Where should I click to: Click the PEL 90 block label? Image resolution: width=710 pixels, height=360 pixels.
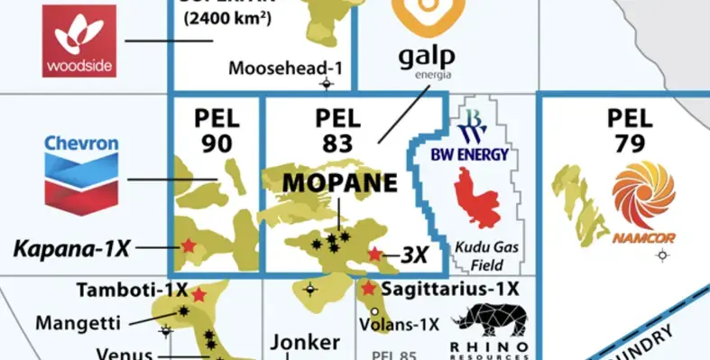pyautogui.click(x=217, y=130)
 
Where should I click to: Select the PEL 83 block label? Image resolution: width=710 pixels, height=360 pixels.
pyautogui.click(x=338, y=130)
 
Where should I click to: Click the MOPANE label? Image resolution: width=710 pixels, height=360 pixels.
pyautogui.click(x=339, y=183)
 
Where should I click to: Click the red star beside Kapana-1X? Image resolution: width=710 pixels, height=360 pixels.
pyautogui.click(x=188, y=245)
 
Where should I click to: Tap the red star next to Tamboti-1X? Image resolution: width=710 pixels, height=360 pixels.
pyautogui.click(x=198, y=293)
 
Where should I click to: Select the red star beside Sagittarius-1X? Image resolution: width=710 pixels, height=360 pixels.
pyautogui.click(x=368, y=289)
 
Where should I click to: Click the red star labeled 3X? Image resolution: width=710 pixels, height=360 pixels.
pyautogui.click(x=374, y=254)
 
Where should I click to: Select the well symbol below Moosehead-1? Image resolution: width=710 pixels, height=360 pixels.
pyautogui.click(x=327, y=85)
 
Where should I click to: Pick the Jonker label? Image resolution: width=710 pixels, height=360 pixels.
pyautogui.click(x=306, y=343)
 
